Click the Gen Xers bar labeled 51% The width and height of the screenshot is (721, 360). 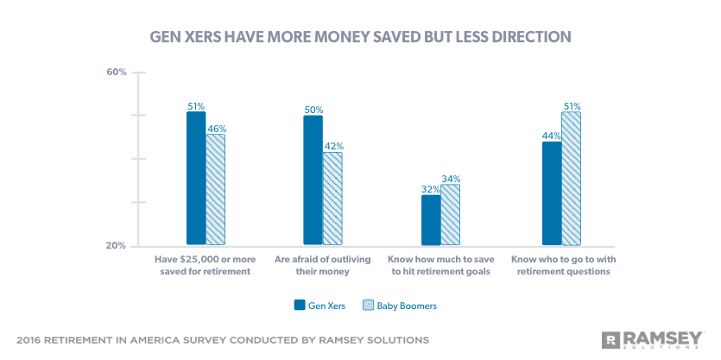coord(196,178)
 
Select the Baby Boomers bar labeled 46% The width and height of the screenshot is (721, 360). coord(215,189)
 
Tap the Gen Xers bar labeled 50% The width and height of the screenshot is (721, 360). coord(313,180)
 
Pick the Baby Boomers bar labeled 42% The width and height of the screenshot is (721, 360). coord(332,198)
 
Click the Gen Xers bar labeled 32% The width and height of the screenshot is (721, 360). coord(431,219)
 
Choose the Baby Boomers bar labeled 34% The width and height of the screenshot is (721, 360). coord(450,214)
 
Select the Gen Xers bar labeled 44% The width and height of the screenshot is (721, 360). coord(552,193)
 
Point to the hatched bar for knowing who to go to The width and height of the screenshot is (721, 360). coord(571,178)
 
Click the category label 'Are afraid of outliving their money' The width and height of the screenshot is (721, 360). coord(323,265)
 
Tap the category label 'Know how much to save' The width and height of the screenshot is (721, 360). coord(440,265)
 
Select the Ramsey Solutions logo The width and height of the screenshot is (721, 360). coord(654,338)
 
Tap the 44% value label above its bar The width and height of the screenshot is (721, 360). coord(552,136)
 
